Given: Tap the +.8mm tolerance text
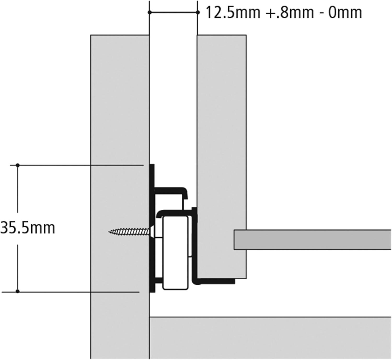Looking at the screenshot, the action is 290,13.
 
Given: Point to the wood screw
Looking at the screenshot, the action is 132,232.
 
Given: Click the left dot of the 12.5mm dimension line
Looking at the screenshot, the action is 149,13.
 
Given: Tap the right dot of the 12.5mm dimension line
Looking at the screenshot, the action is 198,13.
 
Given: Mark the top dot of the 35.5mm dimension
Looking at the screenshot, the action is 18,165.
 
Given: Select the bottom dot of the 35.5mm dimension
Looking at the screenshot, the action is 18,292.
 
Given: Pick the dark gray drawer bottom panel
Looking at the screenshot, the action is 312,240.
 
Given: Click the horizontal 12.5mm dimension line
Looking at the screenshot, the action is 174,13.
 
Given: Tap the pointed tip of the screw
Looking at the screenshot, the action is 109,232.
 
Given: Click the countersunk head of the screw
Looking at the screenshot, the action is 153,232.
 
